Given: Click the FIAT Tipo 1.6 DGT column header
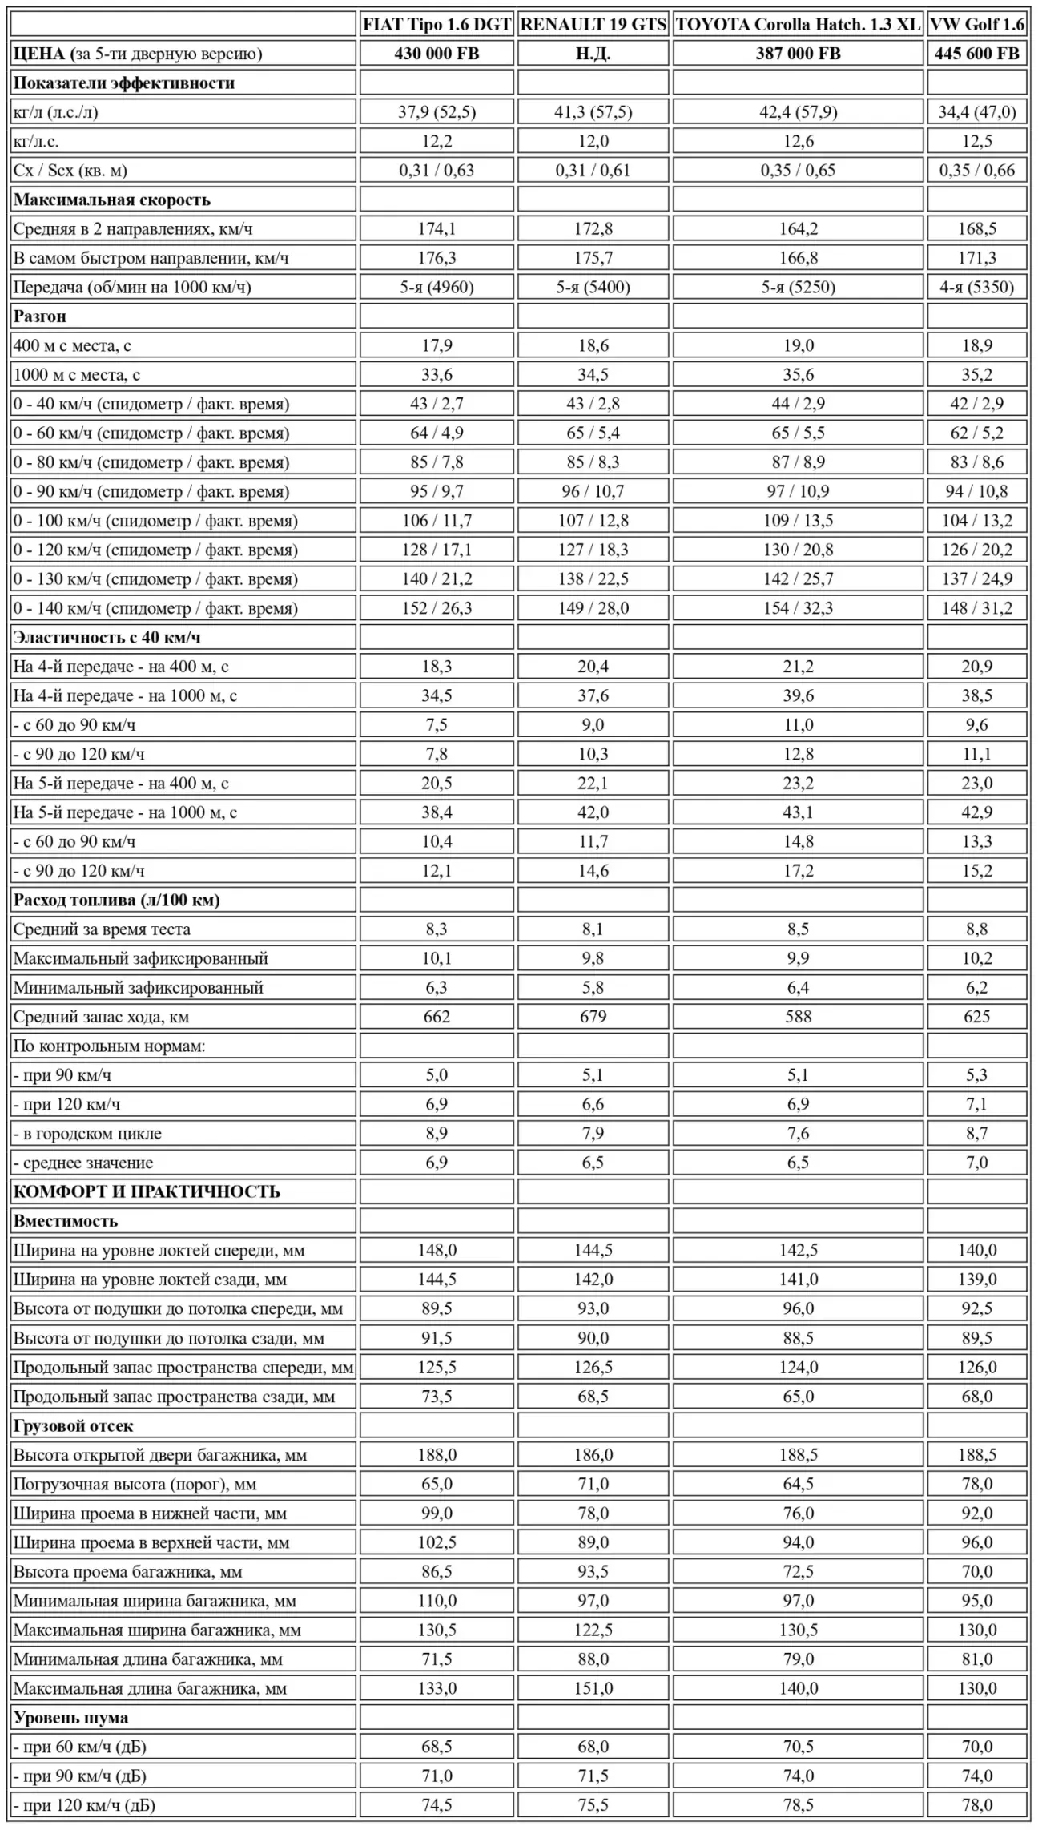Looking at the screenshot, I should (x=437, y=25).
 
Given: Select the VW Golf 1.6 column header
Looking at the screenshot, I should (x=977, y=25).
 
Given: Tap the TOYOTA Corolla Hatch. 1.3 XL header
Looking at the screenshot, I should (x=798, y=25).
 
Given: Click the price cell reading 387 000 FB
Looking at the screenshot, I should (x=798, y=54).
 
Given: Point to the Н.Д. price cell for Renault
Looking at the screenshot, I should (x=593, y=54).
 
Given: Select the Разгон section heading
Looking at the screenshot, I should (x=40, y=316).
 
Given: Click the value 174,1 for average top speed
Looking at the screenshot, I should (x=437, y=229).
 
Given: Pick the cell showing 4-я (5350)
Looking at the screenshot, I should (x=977, y=288).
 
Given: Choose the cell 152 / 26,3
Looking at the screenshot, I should (x=437, y=608).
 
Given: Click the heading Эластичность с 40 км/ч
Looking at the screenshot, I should (x=107, y=638).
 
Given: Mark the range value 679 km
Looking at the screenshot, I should (x=593, y=1017).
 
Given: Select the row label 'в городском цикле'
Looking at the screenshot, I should (x=87, y=1134).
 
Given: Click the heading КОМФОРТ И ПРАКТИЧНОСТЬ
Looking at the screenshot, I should (x=147, y=1192).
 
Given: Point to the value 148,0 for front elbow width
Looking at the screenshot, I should (x=437, y=1251).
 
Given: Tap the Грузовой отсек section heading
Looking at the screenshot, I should (x=73, y=1426).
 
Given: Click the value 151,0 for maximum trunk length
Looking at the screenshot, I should (x=593, y=1689).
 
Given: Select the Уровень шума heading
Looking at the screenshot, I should (x=70, y=1718).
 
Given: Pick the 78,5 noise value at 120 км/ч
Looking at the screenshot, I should (x=798, y=1805).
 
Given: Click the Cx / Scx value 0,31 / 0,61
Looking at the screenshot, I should (x=593, y=171).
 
